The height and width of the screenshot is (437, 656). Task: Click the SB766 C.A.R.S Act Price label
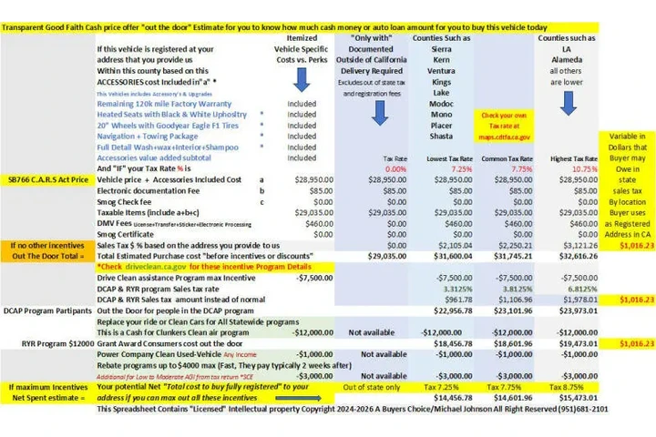pyautogui.click(x=47, y=180)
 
